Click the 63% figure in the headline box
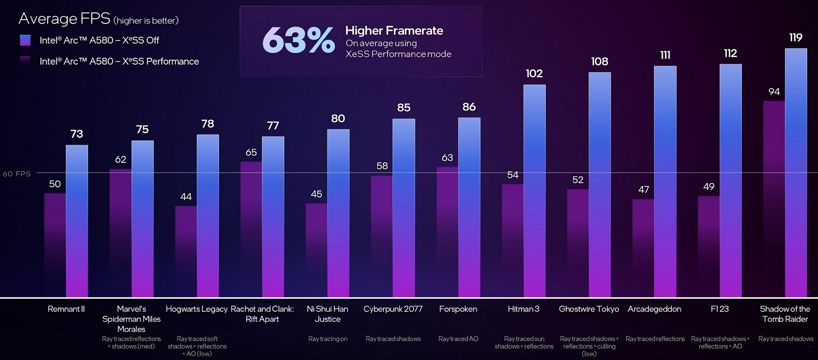tap(298, 40)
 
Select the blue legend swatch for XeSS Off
tap(25, 40)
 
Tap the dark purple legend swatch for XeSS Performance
tap(25, 61)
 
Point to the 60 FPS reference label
tap(17, 174)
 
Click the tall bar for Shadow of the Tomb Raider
tap(796, 173)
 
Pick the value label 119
tap(795, 37)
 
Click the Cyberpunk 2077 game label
tap(393, 309)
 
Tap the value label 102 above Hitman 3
tap(534, 74)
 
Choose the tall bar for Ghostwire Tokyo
tap(599, 184)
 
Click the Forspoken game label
tap(458, 309)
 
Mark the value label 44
tap(186, 197)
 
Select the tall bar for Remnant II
tap(77, 221)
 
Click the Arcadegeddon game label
tap(654, 309)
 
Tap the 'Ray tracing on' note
tap(328, 339)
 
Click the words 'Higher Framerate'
tap(394, 30)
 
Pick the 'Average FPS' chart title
tap(64, 19)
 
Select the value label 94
tap(774, 92)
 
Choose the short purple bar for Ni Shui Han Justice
tap(316, 250)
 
